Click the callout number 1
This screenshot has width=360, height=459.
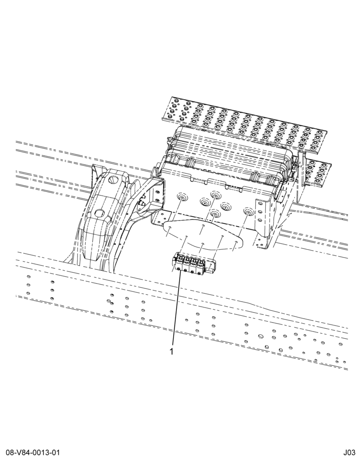pyautogui.click(x=172, y=351)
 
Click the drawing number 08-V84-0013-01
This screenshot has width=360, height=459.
pyautogui.click(x=31, y=453)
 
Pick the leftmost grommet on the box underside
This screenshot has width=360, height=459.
pyautogui.click(x=181, y=199)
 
